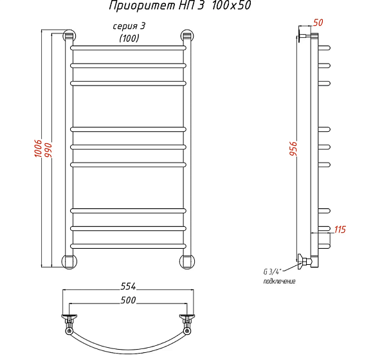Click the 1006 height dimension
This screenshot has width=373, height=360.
38,148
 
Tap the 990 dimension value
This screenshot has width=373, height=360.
48,150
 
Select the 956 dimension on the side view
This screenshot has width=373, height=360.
293,148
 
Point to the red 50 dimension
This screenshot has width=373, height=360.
318,22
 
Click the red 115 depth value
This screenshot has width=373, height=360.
340,230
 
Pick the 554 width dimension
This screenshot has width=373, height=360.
128,286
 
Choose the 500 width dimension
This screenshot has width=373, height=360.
128,300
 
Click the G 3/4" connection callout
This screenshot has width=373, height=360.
272,271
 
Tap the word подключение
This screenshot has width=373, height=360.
279,282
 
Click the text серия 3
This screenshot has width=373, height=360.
129,26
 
